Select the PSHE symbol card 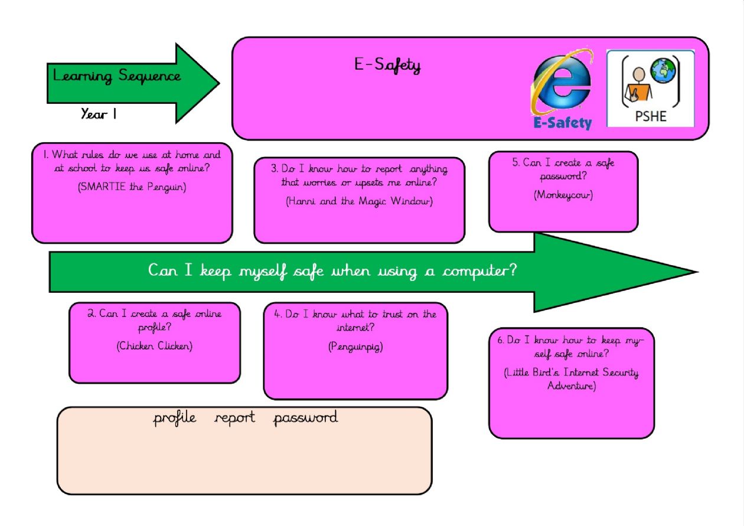(651, 89)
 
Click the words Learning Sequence (117, 76)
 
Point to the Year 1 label (99, 114)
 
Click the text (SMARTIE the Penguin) (132, 188)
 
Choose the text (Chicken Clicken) (155, 346)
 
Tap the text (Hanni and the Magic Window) (359, 201)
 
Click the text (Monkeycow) (563, 195)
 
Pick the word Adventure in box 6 (572, 386)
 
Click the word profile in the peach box (175, 419)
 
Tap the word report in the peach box (235, 419)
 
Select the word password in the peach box (305, 419)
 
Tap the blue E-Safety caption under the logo (562, 123)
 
